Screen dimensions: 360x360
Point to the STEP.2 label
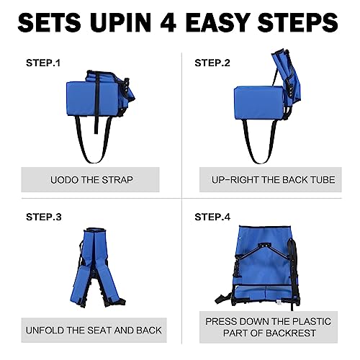coord(212,63)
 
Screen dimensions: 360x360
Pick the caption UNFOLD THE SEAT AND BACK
coord(94,330)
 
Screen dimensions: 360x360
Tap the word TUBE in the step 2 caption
coord(320,179)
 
